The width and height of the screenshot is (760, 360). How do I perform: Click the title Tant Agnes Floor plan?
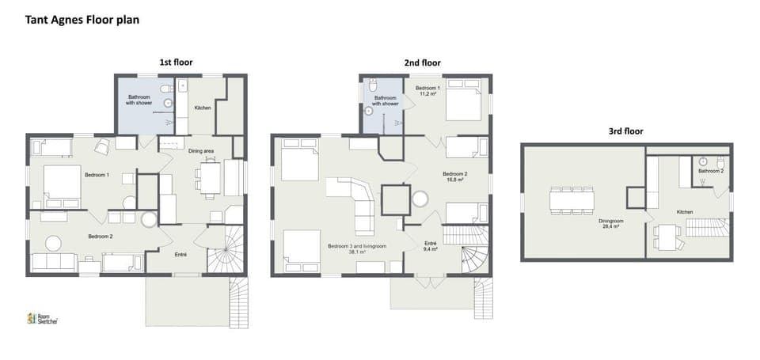[x=82, y=20]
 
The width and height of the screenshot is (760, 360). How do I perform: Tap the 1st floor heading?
[x=176, y=63]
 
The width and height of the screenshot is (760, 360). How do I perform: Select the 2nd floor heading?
[x=423, y=63]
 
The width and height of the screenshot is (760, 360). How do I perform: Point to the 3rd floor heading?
[x=626, y=131]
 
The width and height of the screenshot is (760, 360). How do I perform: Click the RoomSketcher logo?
[x=43, y=318]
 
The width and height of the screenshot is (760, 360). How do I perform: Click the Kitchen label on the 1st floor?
[x=203, y=108]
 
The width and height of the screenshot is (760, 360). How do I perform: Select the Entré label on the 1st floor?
[x=180, y=254]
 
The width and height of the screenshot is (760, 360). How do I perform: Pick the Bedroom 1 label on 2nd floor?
[x=428, y=91]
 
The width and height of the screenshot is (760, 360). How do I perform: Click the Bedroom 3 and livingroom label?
[x=357, y=249]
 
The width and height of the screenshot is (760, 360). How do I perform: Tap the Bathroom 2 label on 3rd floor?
[x=710, y=171]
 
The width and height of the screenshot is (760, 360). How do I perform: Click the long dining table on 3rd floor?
[x=572, y=199]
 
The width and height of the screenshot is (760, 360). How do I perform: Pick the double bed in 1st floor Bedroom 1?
[x=62, y=186]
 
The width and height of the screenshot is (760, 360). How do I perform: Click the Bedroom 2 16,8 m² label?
[x=454, y=176]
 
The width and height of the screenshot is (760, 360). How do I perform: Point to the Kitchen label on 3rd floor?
[x=686, y=212]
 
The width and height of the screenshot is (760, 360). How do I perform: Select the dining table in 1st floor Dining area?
[x=210, y=178]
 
